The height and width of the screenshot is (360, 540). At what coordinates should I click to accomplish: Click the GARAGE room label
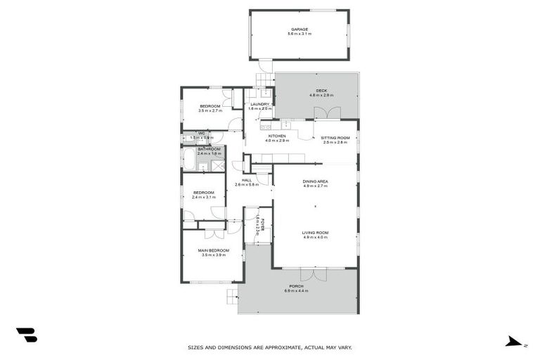pyautogui.click(x=300, y=29)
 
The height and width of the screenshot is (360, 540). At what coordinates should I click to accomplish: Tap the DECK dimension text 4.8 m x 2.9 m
pyautogui.click(x=318, y=95)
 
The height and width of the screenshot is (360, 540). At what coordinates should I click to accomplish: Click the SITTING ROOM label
pyautogui.click(x=335, y=138)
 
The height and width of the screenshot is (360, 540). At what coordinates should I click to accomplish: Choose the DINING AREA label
pyautogui.click(x=316, y=181)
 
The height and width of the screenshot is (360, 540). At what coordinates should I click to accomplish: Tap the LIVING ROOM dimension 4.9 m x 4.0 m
pyautogui.click(x=316, y=238)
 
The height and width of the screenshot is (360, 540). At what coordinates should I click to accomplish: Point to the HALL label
pyautogui.click(x=247, y=180)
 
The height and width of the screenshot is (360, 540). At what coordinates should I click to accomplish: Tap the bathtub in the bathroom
pyautogui.click(x=188, y=159)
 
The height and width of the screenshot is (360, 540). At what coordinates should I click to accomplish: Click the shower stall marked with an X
pyautogui.click(x=218, y=166)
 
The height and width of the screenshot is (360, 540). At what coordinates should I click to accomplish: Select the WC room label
pyautogui.click(x=201, y=133)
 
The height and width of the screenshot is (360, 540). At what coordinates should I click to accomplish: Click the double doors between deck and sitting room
pyautogui.click(x=328, y=114)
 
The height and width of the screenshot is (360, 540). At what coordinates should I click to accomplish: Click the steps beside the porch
pyautogui.click(x=231, y=297)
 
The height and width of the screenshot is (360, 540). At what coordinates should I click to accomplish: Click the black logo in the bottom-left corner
pyautogui.click(x=27, y=335)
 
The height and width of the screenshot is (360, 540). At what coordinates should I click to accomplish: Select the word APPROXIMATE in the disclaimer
pyautogui.click(x=274, y=347)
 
